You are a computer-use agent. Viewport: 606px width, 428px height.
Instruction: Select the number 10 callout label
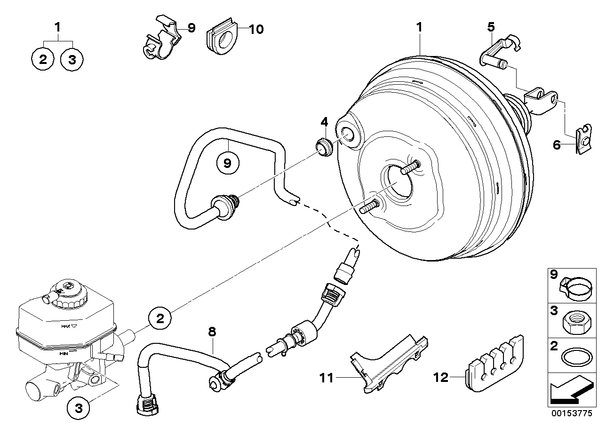click(255, 30)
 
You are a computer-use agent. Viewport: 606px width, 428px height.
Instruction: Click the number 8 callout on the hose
click(212, 332)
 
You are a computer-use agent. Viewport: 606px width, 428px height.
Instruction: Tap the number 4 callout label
click(324, 122)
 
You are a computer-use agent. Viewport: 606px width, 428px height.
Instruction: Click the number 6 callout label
click(557, 145)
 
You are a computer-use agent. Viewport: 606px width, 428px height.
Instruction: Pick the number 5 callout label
click(490, 26)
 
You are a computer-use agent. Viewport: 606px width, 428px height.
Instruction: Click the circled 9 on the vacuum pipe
click(228, 163)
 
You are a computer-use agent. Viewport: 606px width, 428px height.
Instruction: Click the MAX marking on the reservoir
click(65, 325)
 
